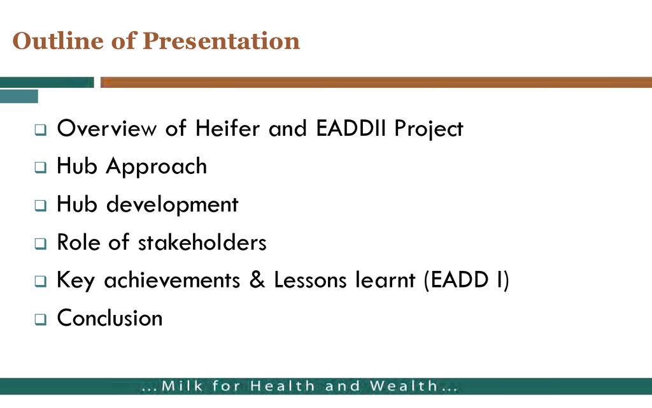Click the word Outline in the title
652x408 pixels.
point(58,41)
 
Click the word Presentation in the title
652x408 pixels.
point(221,41)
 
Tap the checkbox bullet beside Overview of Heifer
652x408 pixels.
point(40,130)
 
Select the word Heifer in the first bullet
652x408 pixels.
point(227,127)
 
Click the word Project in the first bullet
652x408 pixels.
point(429,129)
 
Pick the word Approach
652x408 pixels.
point(157,167)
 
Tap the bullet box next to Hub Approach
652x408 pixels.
point(40,168)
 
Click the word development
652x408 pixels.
point(172,205)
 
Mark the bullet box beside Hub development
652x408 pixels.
point(40,206)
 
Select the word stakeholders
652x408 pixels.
point(202,242)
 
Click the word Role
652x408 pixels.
point(78,242)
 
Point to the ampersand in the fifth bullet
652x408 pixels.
point(257,279)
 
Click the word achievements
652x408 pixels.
point(172,280)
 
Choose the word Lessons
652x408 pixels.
point(310,280)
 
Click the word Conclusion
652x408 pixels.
point(110,318)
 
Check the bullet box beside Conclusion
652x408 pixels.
point(40,319)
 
